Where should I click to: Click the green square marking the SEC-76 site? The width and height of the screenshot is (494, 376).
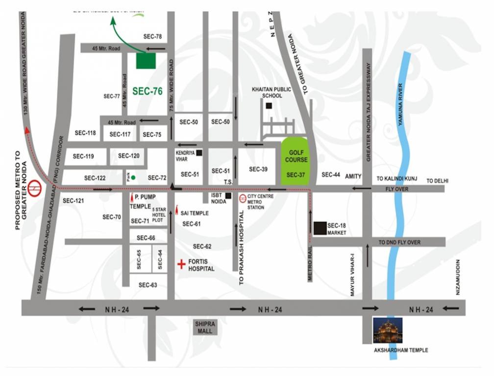point(146,60)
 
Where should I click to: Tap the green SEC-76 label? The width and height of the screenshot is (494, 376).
point(147,91)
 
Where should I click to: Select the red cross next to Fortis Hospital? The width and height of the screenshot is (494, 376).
point(181,264)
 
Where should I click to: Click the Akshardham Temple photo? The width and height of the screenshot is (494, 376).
point(388,330)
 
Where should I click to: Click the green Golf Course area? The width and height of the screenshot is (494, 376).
point(296,161)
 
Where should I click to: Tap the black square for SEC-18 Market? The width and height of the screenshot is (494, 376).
point(320,228)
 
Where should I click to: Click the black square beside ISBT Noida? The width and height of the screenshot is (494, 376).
point(228,196)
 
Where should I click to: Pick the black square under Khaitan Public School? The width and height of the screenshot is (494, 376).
point(268,106)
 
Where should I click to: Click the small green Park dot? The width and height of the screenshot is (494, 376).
point(133,177)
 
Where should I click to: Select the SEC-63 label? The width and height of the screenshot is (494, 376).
point(148,285)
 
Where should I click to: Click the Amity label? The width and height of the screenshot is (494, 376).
point(353,175)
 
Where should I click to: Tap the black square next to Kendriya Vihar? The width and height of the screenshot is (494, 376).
point(198,153)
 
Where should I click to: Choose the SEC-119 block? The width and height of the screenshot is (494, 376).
point(83,157)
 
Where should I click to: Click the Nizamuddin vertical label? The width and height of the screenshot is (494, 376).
point(458,277)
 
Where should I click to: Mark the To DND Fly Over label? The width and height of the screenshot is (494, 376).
point(399,242)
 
